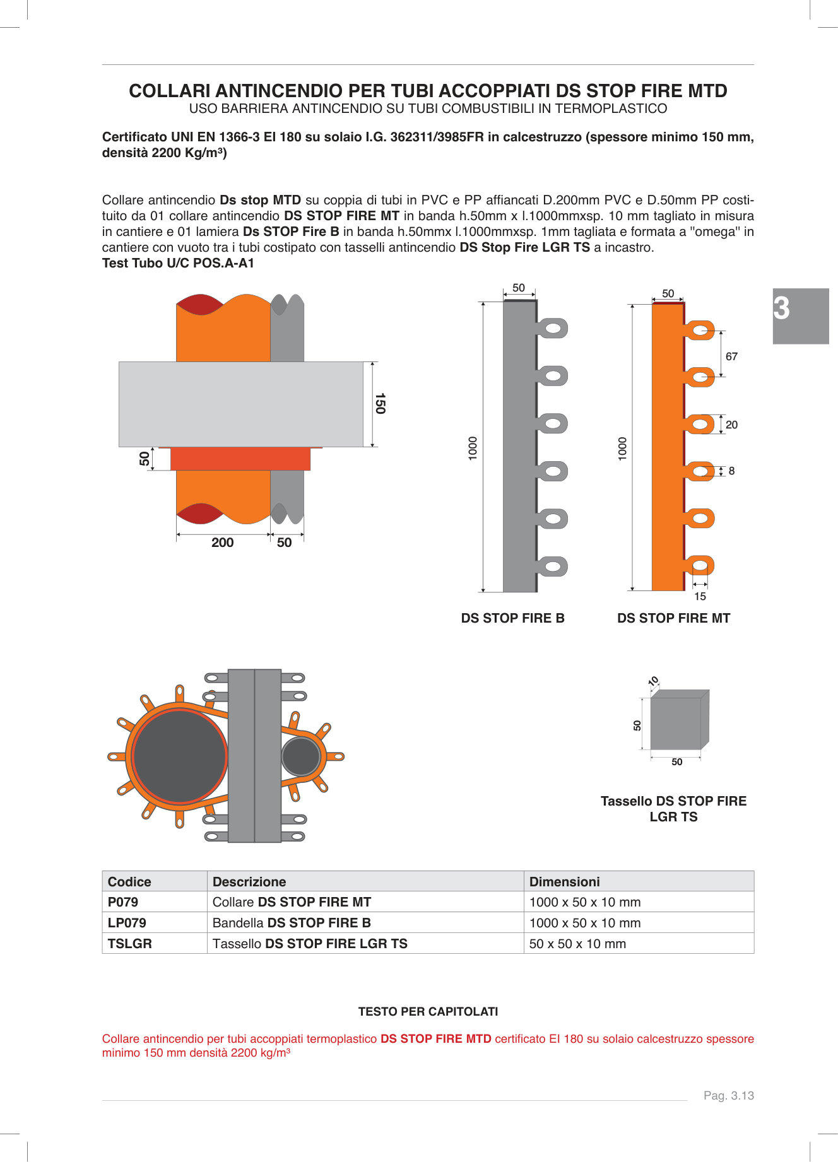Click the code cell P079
123,902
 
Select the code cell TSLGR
130,944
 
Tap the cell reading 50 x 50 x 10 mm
577,944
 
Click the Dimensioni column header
564,882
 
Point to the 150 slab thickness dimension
380,404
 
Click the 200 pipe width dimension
222,543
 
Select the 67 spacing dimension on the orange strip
731,356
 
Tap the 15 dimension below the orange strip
700,596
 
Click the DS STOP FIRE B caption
512,618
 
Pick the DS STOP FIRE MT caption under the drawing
673,618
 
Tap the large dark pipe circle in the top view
180,756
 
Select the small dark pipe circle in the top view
301,756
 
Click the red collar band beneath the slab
240,459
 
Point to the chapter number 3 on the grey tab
782,308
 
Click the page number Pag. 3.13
728,1096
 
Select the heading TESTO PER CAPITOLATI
428,1012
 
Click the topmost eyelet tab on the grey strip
553,328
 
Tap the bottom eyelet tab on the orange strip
700,565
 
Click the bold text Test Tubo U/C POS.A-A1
178,263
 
